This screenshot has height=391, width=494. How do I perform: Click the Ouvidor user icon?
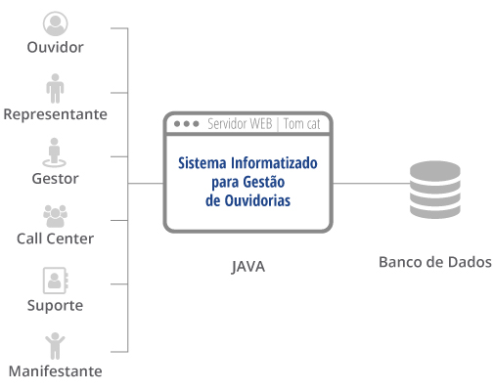(55, 23)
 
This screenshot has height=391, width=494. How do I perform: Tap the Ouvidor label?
(55, 48)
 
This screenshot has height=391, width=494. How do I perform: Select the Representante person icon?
(55, 88)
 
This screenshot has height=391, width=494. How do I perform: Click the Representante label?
(55, 114)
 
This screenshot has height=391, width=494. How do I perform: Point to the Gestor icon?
(54, 152)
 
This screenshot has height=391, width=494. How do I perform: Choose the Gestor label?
(55, 179)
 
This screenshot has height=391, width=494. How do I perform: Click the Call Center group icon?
(55, 216)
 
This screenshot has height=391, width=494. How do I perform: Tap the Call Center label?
(55, 239)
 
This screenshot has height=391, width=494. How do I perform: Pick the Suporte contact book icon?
(56, 281)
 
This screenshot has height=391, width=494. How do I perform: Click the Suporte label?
(55, 306)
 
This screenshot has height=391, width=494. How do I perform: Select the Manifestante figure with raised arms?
(55, 346)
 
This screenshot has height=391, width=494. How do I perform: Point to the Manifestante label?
(55, 371)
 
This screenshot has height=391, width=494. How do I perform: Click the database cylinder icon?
(435, 190)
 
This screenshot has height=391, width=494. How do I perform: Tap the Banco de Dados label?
(435, 262)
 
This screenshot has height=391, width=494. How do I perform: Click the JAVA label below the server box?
(247, 267)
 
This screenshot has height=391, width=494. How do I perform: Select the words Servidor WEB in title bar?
(240, 124)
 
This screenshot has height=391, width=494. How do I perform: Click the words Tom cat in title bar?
(301, 124)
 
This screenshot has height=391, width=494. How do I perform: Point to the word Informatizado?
(274, 163)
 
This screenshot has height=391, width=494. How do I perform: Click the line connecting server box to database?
(371, 183)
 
